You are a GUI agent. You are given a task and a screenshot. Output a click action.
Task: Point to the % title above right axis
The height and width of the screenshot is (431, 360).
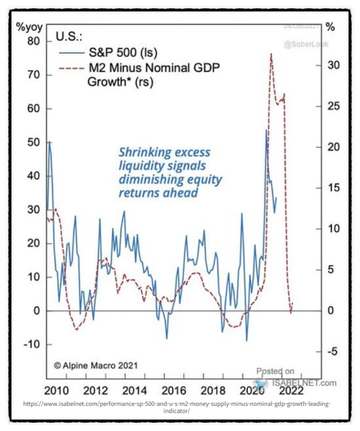tap(330, 26)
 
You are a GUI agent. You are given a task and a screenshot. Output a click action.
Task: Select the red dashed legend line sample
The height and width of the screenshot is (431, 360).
tap(69, 68)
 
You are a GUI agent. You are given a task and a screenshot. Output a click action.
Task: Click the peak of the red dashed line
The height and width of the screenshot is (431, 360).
tap(271, 53)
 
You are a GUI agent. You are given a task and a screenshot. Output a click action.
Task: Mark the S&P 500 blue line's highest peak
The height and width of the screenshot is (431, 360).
tap(266, 130)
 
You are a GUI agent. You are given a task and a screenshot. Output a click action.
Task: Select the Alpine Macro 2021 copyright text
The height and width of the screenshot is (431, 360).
tap(96, 365)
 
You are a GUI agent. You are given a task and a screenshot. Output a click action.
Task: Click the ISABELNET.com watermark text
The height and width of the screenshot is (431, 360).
tap(306, 382)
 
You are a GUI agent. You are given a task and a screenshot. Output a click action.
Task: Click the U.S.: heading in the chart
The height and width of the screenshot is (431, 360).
tap(69, 37)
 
